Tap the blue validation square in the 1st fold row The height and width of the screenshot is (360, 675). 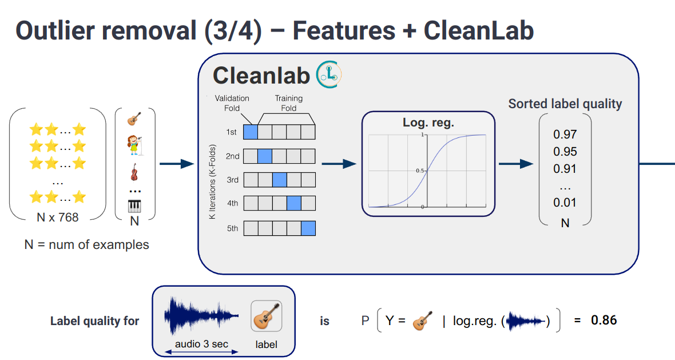251,132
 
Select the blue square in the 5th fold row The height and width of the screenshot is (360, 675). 308,228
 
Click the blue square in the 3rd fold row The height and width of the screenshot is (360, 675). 279,180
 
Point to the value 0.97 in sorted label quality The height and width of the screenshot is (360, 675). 565,134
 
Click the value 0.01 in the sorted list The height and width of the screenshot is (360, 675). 565,202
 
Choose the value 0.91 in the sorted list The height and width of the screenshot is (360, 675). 565,169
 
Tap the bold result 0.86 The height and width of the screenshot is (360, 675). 603,321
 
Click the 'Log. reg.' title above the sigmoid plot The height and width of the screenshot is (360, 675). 428,122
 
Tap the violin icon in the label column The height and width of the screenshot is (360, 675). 134,172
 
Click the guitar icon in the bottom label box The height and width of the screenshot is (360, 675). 267,317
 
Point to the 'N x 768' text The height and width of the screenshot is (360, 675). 57,217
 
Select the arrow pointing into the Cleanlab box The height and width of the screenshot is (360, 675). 177,164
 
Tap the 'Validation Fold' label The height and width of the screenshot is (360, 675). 232,103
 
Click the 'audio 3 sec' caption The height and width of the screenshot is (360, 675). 201,343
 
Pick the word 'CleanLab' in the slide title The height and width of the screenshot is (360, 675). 478,30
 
